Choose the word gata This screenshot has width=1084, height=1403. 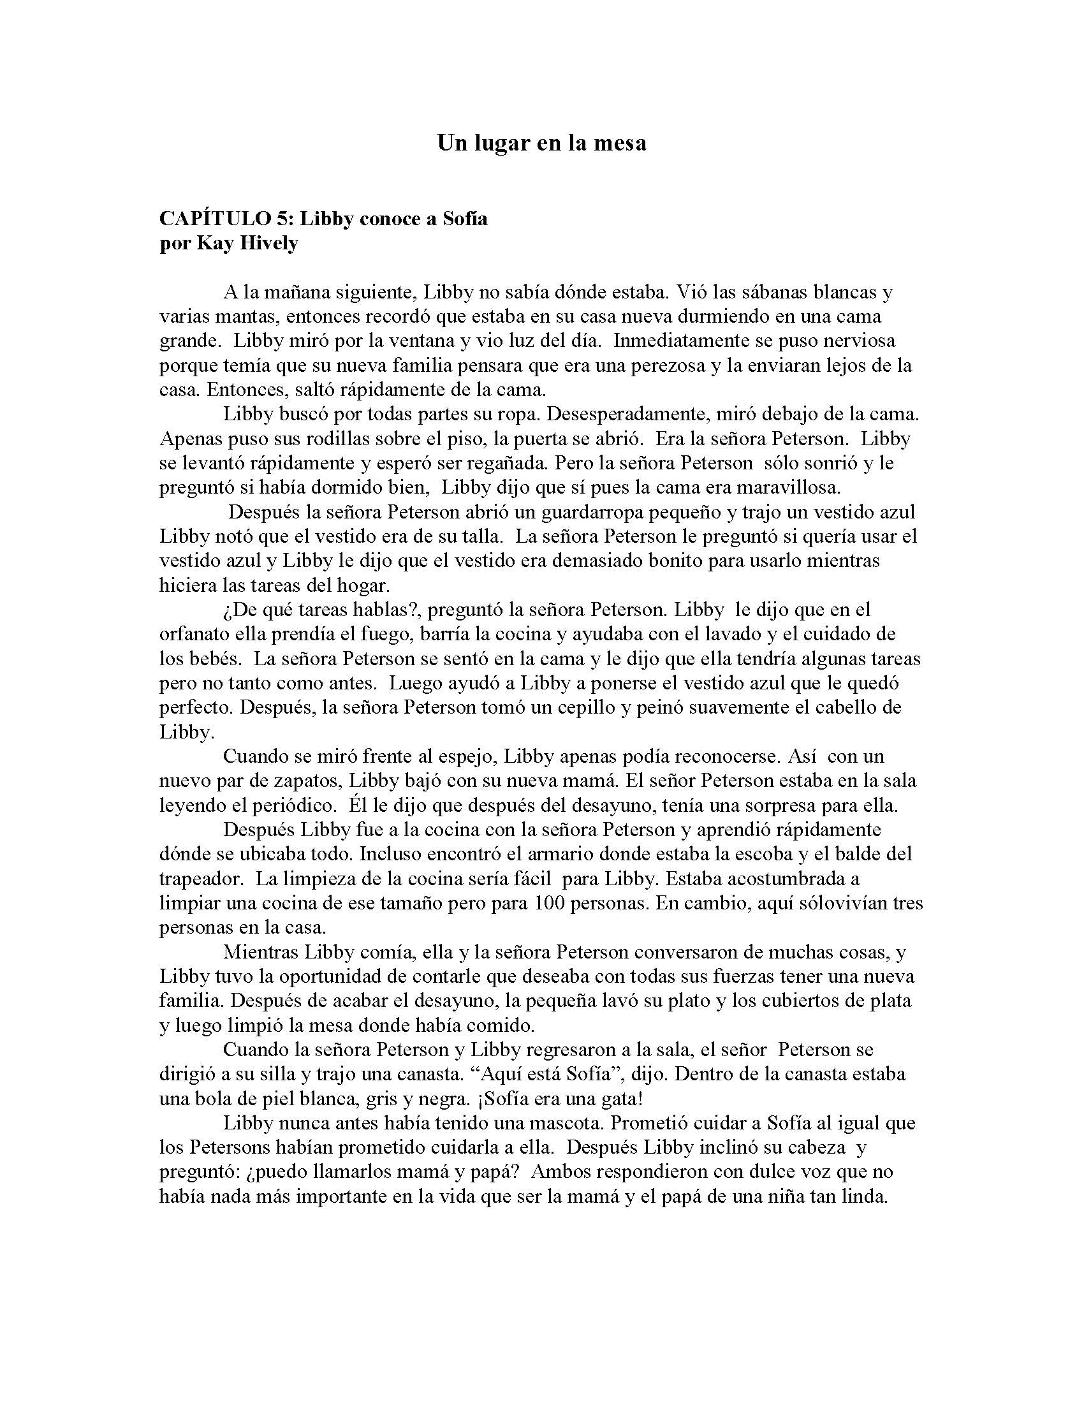617,1098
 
